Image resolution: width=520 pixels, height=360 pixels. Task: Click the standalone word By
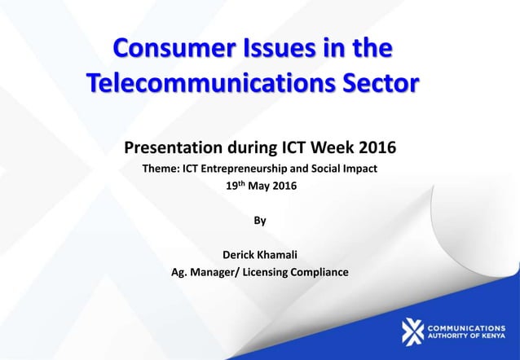pyautogui.click(x=260, y=220)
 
